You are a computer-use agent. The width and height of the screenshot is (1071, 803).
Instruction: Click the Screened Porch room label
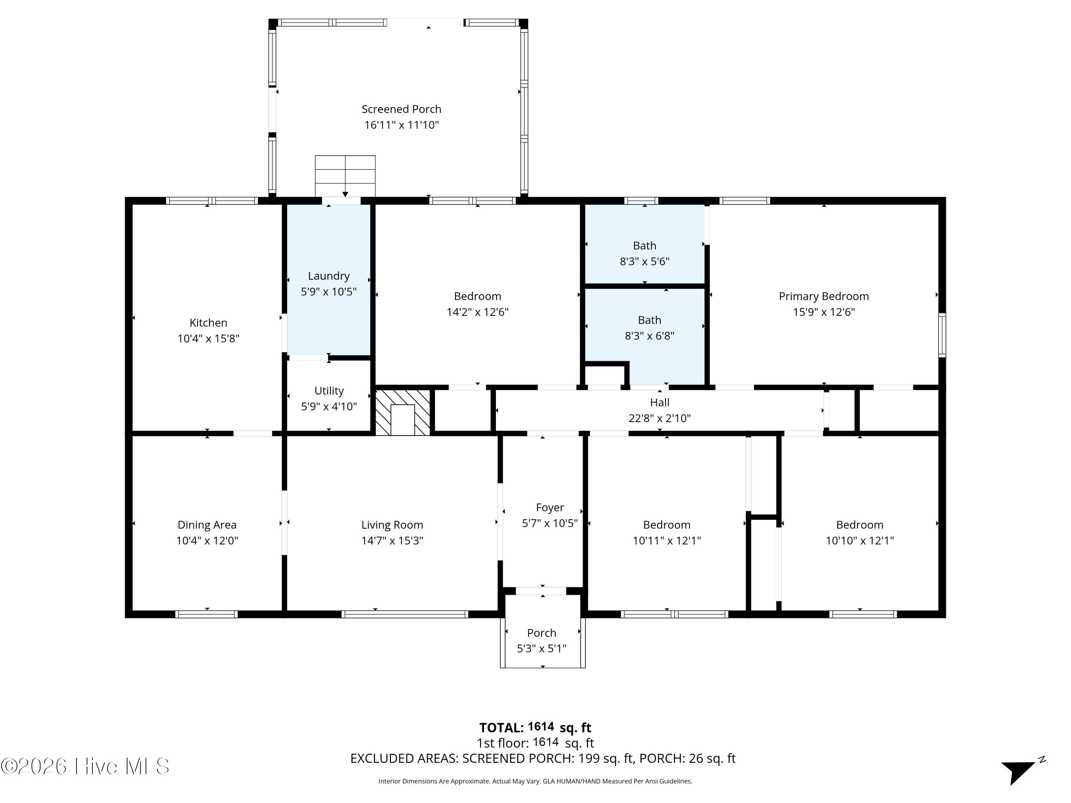click(401, 110)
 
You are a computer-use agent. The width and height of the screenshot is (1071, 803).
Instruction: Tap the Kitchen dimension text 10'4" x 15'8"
click(208, 338)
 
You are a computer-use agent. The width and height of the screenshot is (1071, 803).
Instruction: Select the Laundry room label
click(329, 276)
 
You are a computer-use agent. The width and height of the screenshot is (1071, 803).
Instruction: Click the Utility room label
click(329, 390)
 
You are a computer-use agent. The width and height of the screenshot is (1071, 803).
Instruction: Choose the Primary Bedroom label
click(824, 296)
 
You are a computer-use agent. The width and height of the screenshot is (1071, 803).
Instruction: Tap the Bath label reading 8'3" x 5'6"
click(644, 261)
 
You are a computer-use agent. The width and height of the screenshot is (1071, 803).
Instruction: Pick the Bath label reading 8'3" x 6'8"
click(649, 335)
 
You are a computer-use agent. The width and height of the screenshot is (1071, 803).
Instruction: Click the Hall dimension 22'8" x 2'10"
click(659, 418)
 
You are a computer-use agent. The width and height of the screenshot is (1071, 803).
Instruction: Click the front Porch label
click(541, 633)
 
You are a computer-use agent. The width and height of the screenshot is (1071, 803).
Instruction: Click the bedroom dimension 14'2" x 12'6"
click(477, 312)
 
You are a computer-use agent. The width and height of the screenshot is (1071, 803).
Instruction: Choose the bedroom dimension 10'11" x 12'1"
click(667, 540)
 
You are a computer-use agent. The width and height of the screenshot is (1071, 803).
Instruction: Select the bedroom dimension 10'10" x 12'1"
click(859, 540)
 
